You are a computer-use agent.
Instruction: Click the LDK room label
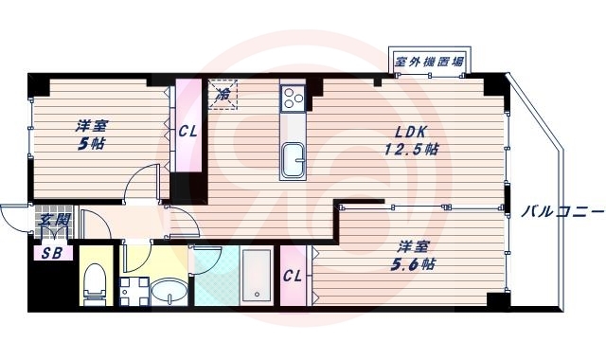click(x=410, y=132)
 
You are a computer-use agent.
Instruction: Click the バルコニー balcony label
click(x=562, y=212)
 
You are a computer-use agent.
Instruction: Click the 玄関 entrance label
click(x=54, y=222)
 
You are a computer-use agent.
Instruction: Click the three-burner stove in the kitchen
click(x=292, y=97)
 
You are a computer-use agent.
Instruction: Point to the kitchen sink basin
click(x=292, y=160)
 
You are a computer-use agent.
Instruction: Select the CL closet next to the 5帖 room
click(x=187, y=131)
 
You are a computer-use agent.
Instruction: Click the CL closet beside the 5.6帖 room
click(x=294, y=276)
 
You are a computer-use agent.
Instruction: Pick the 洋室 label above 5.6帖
click(x=413, y=247)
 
